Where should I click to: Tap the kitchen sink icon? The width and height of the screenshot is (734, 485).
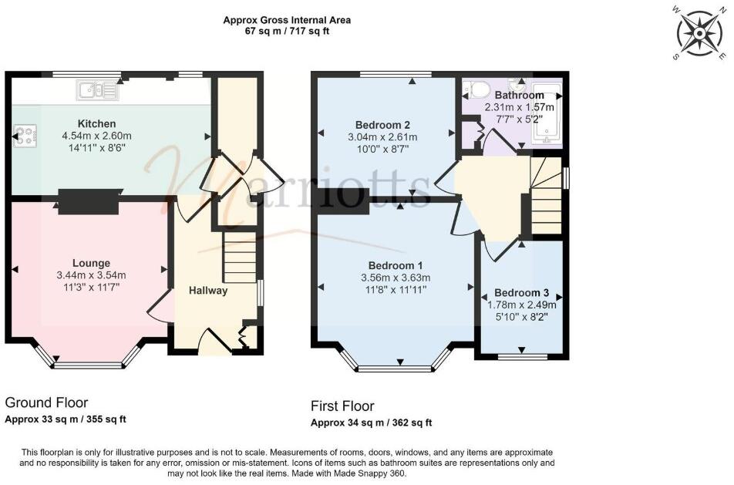(98, 92)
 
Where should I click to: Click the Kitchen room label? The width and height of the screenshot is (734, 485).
(97, 123)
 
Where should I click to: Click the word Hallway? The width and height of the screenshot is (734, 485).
(208, 291)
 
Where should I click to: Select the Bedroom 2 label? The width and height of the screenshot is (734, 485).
(382, 125)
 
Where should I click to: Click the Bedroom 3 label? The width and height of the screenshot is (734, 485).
(522, 293)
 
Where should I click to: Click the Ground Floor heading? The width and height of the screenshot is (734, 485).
(46, 402)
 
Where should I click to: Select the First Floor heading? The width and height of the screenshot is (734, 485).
(342, 406)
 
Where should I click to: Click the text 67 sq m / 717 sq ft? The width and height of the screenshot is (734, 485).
(287, 32)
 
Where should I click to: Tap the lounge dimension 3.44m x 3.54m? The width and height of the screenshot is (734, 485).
(91, 275)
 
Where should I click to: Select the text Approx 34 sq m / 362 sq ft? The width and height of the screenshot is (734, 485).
(371, 423)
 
